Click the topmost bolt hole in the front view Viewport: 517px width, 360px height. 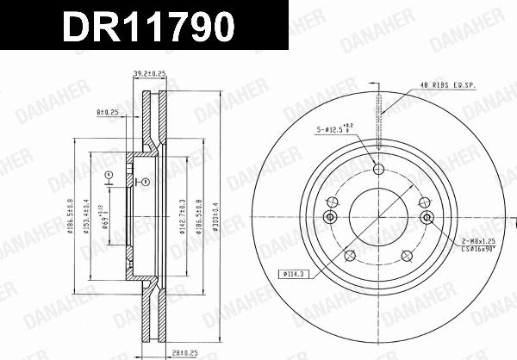point(377,169)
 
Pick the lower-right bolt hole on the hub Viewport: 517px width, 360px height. point(404,255)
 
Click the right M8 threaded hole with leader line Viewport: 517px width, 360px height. point(427,218)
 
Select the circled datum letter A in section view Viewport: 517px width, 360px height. point(109,176)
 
